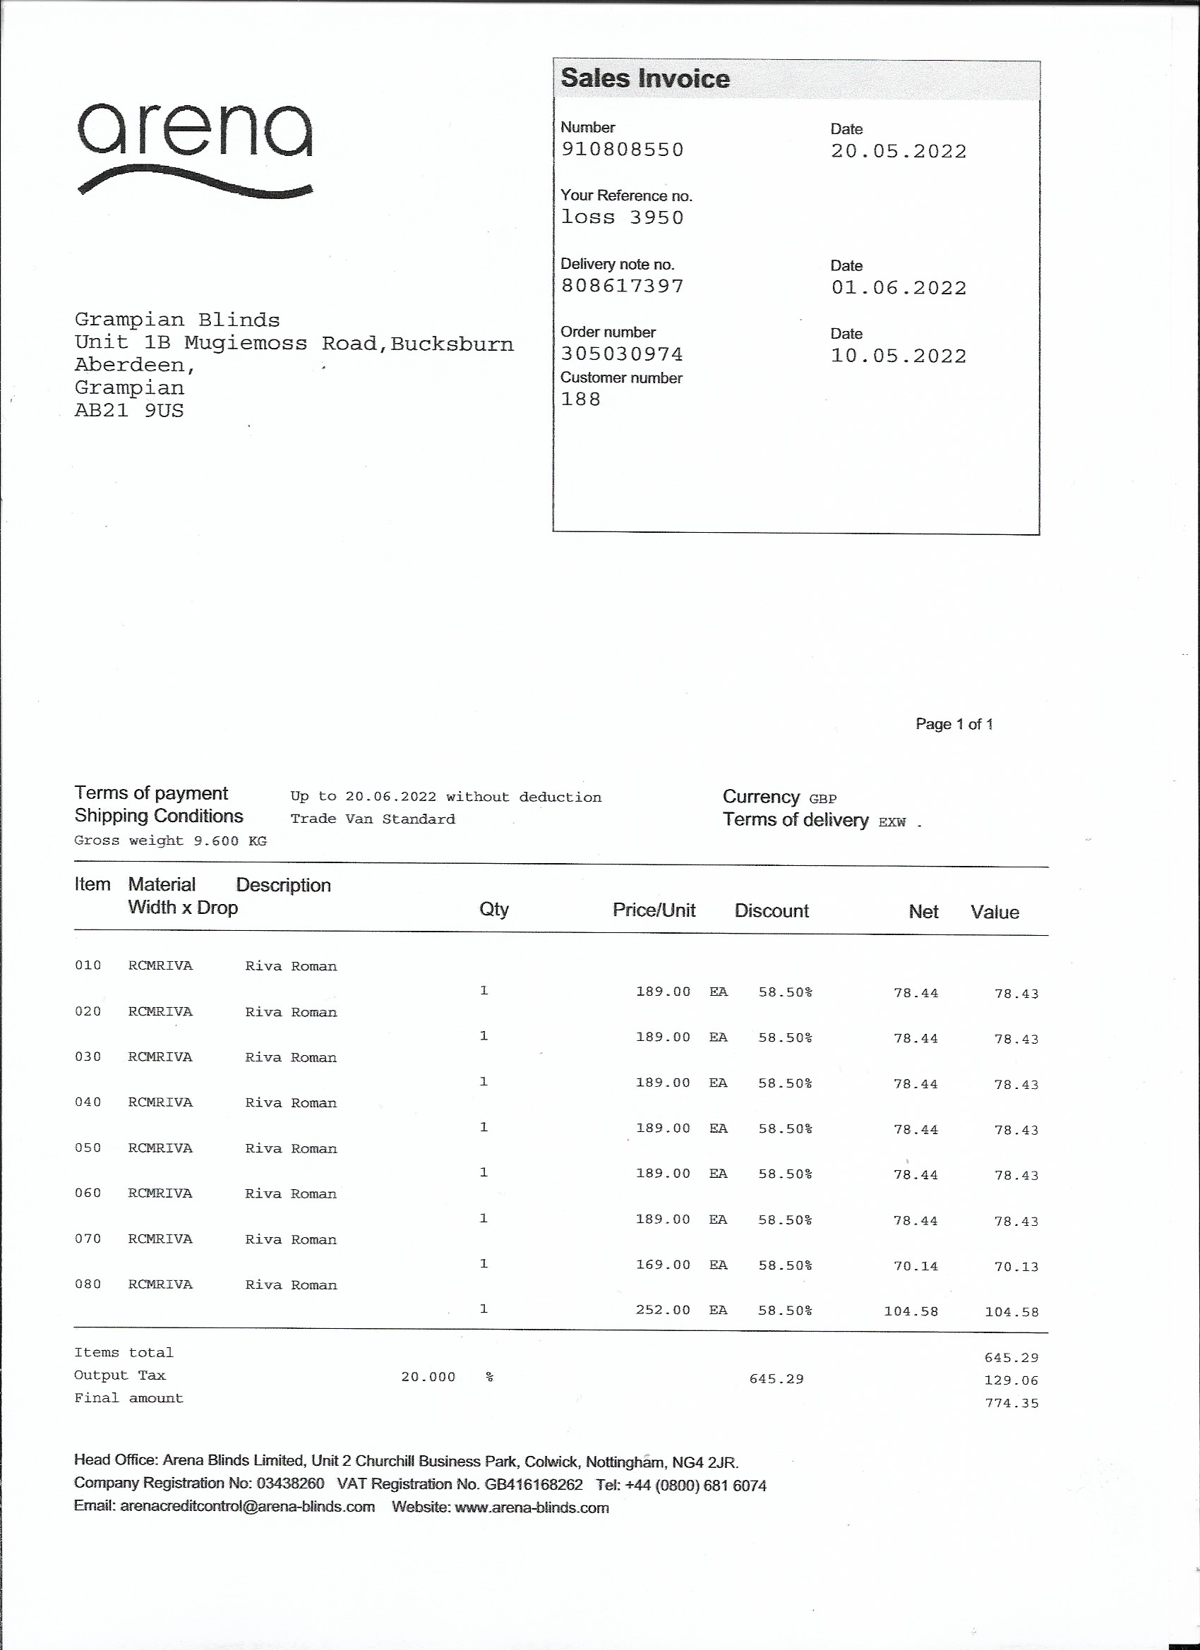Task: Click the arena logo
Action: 195,147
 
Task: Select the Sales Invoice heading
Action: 644,78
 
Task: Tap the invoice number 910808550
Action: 622,150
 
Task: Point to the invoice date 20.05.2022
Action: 899,151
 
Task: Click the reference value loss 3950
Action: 622,217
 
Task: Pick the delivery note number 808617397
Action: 622,286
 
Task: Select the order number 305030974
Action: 621,354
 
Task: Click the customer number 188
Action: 581,399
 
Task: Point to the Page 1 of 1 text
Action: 954,724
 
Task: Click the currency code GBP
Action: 823,799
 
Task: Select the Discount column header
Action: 772,911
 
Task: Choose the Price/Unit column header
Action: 654,910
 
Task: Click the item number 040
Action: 88,1103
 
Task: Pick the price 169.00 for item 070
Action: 663,1265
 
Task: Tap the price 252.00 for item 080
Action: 663,1311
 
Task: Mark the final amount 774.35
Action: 1012,1404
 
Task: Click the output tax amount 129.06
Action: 1012,1381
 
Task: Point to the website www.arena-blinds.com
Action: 532,1508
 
